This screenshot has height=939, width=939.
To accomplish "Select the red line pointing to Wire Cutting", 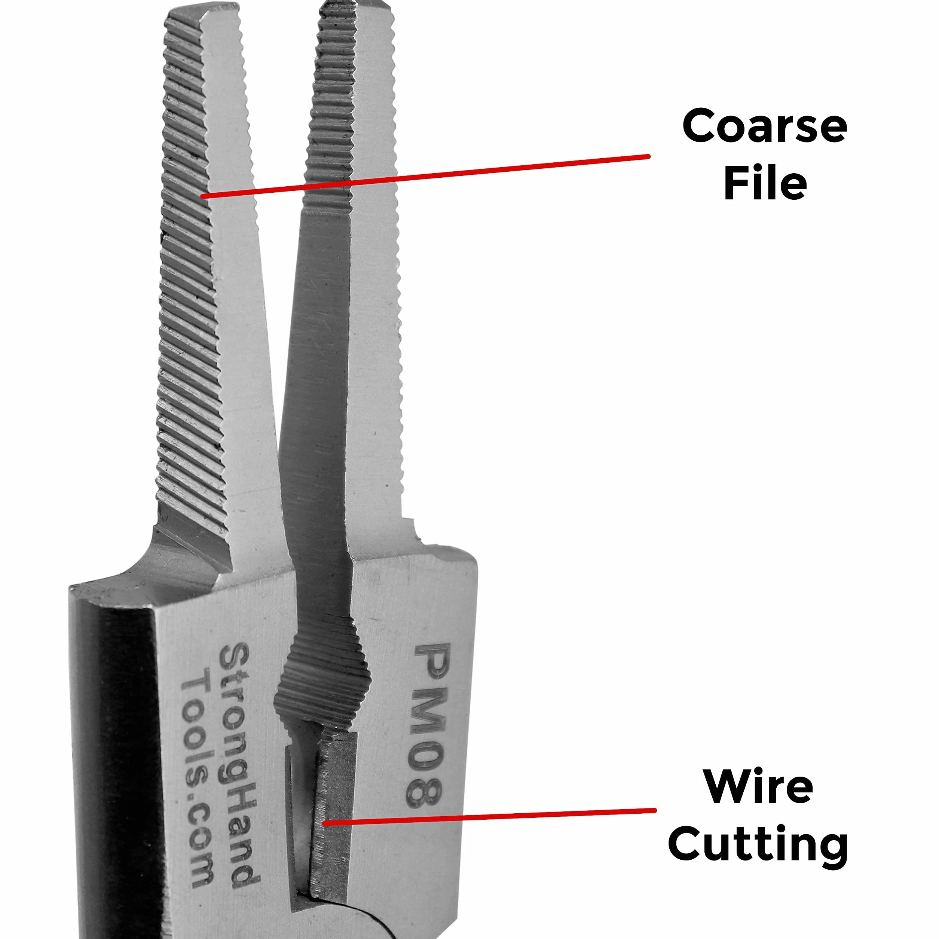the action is (x=489, y=816).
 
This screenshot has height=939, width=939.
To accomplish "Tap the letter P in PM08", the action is (x=434, y=663).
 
